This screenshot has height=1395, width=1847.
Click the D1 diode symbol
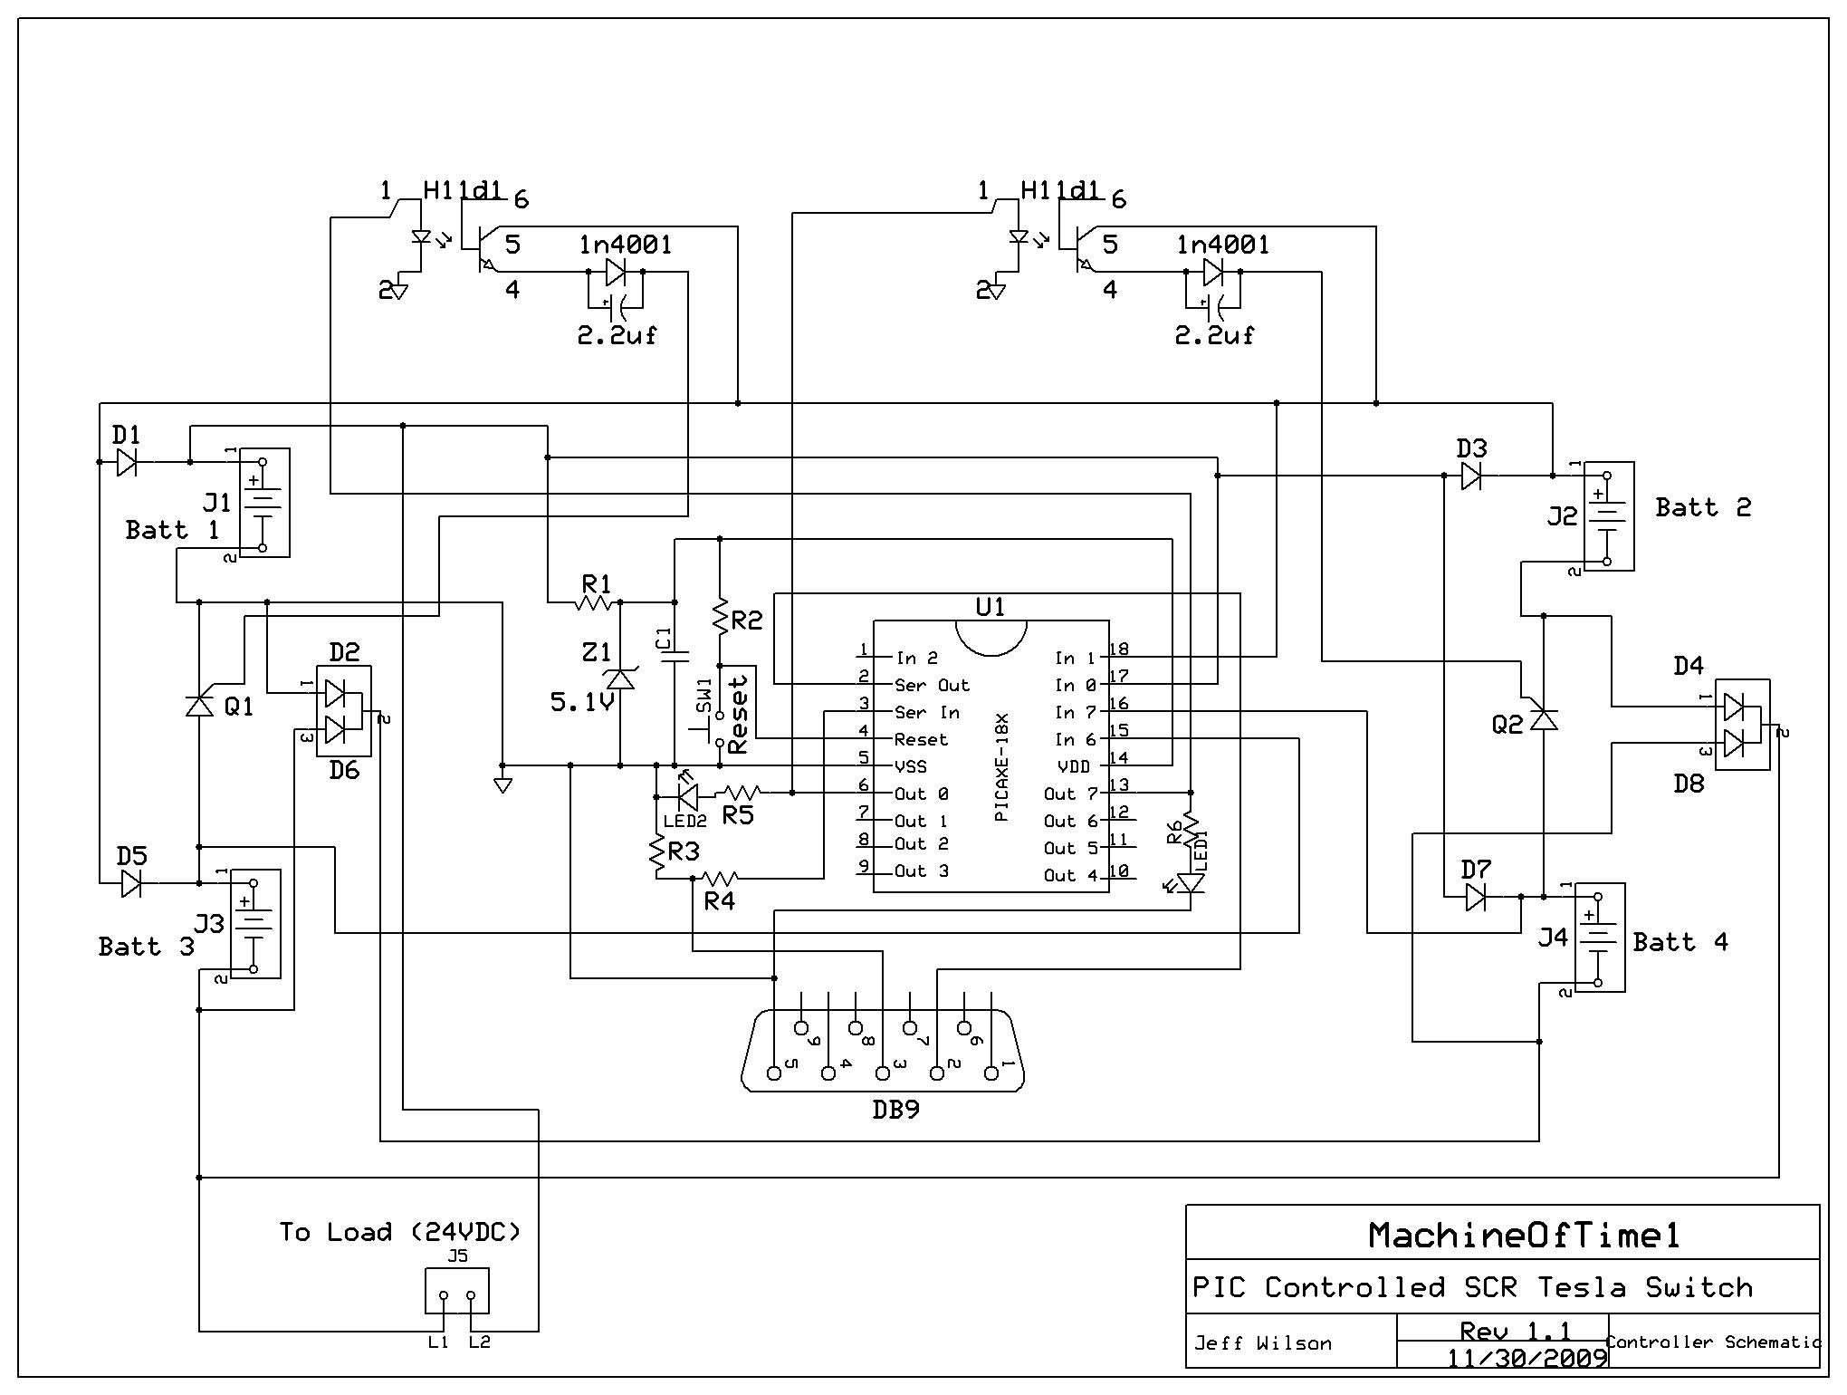pyautogui.click(x=127, y=463)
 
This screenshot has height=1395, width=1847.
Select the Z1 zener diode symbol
pyautogui.click(x=620, y=677)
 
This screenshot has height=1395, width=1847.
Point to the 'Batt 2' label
pyautogui.click(x=1703, y=507)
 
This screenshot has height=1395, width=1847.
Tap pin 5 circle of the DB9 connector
pyautogui.click(x=774, y=1073)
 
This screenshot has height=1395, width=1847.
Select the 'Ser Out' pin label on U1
pyautogui.click(x=932, y=686)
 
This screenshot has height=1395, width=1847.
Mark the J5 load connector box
pyautogui.click(x=457, y=1291)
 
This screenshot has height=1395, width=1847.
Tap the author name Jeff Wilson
pyautogui.click(x=1263, y=1343)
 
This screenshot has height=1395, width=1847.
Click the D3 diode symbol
pyautogui.click(x=1471, y=476)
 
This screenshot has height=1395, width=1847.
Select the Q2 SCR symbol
pyautogui.click(x=1542, y=718)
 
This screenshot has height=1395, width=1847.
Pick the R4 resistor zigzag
pyautogui.click(x=721, y=877)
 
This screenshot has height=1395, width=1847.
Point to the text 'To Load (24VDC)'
pyautogui.click(x=400, y=1232)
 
